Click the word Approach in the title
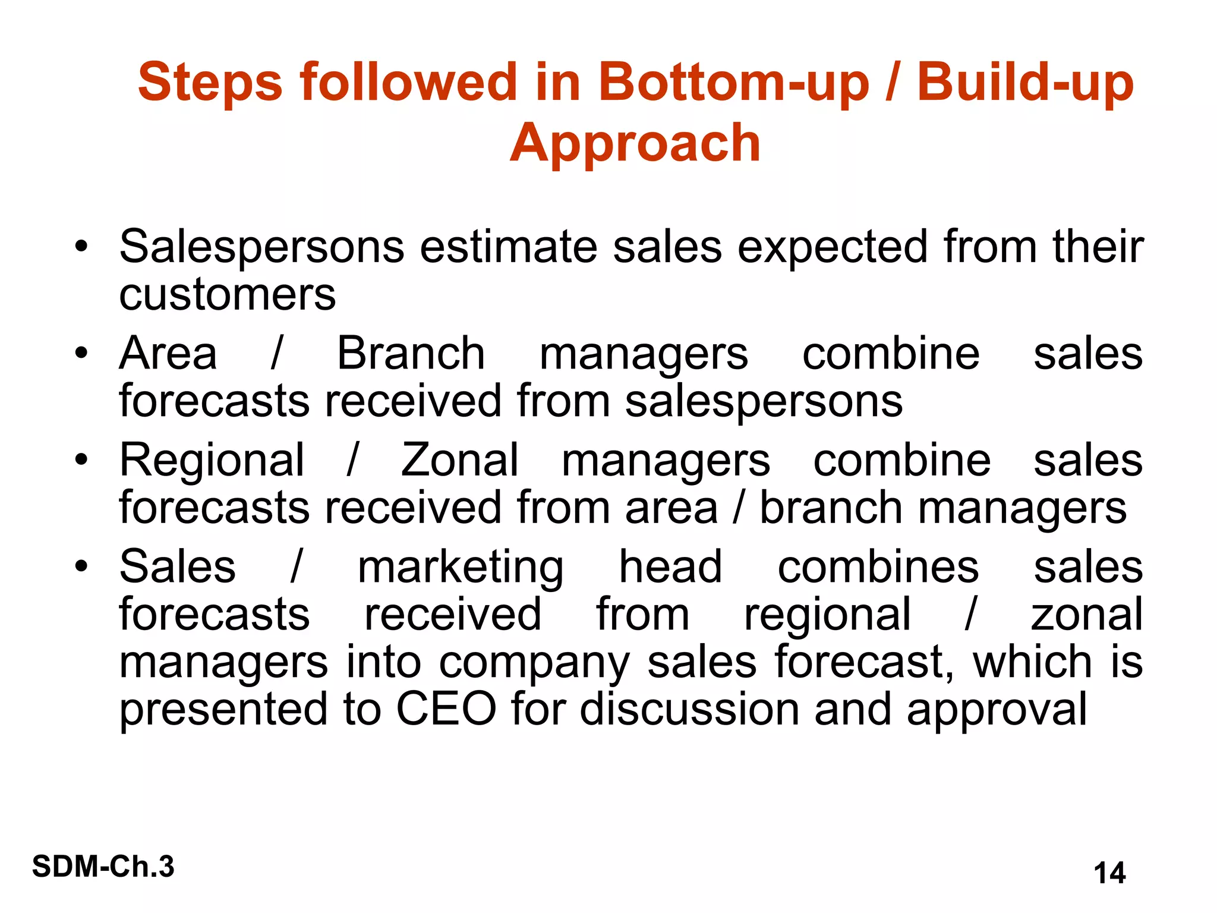[x=635, y=143]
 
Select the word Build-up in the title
[x=1025, y=82]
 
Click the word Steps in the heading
[x=210, y=82]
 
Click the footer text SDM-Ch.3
[x=103, y=866]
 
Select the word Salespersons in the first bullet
[x=261, y=247]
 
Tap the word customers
[x=227, y=294]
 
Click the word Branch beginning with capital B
[x=411, y=353]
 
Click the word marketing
[x=461, y=568]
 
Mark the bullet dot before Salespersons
[x=81, y=246]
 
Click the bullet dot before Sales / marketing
[x=81, y=566]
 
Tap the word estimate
[x=509, y=247]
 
